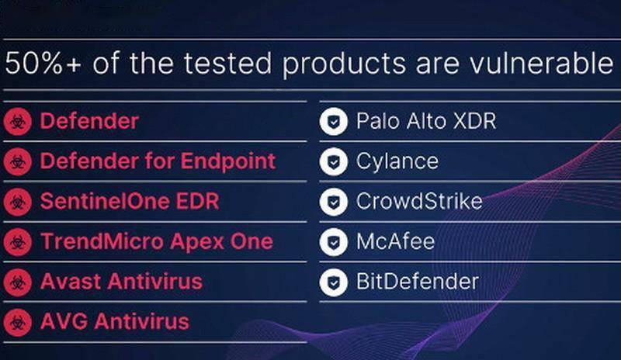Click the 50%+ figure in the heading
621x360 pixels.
tap(43, 64)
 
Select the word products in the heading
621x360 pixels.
tap(344, 65)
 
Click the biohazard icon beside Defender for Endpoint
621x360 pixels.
tap(17, 161)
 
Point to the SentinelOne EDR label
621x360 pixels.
tap(130, 201)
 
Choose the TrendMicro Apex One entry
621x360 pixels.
tap(157, 241)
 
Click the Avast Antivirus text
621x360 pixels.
tap(121, 281)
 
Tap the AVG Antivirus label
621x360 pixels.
tap(115, 321)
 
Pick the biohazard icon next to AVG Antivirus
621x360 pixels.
tap(17, 323)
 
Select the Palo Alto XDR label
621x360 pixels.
tap(426, 121)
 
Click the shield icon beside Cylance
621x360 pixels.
tap(334, 161)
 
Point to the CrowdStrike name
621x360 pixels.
tap(419, 201)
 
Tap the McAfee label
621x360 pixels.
tap(395, 241)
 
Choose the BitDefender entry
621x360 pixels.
tap(418, 281)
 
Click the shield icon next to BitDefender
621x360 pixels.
tap(334, 282)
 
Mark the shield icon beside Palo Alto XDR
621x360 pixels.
tap(334, 122)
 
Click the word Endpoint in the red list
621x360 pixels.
tap(228, 161)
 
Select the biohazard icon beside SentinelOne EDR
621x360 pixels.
tap(17, 202)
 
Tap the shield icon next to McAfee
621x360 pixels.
tap(334, 242)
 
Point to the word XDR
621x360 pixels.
tap(474, 121)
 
